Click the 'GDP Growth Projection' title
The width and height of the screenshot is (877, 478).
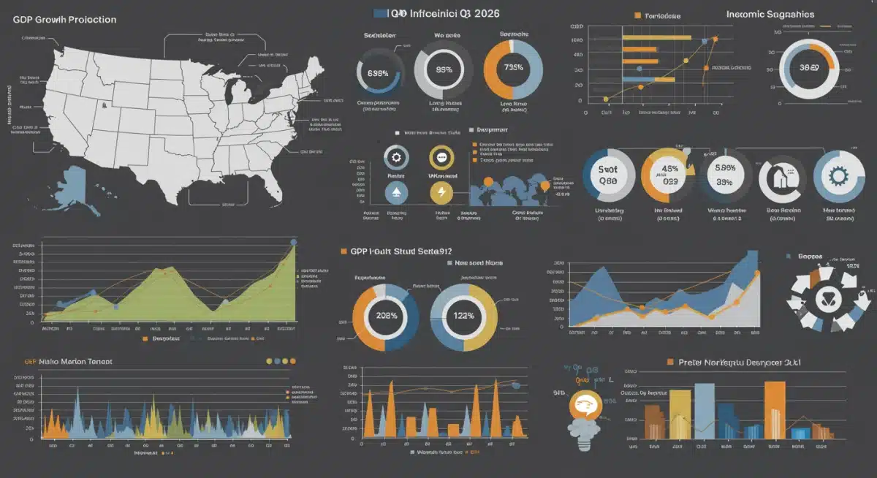click(x=64, y=20)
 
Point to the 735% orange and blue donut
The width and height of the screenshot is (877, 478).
click(x=513, y=69)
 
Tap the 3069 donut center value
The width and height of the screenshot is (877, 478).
click(x=808, y=67)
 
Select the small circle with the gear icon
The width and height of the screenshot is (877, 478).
click(x=395, y=157)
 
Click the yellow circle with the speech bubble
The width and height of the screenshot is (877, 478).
click(x=441, y=157)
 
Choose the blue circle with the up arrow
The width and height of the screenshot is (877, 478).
click(x=395, y=192)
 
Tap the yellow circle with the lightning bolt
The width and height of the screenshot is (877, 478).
click(x=441, y=192)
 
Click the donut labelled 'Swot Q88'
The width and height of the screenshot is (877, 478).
click(x=608, y=176)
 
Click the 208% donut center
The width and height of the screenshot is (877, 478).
click(x=385, y=316)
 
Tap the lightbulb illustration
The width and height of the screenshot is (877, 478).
click(x=587, y=413)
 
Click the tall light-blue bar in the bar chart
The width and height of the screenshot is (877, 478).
click(x=705, y=411)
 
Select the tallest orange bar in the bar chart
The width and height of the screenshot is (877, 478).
click(x=775, y=409)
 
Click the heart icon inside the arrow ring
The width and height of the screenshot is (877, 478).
click(x=827, y=297)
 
